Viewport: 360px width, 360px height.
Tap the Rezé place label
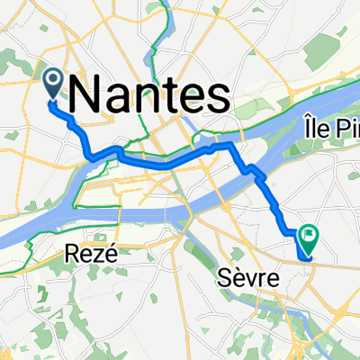coord(88,255)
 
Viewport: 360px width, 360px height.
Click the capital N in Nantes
coord(82,94)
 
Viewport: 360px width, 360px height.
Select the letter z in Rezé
coord(94,256)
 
